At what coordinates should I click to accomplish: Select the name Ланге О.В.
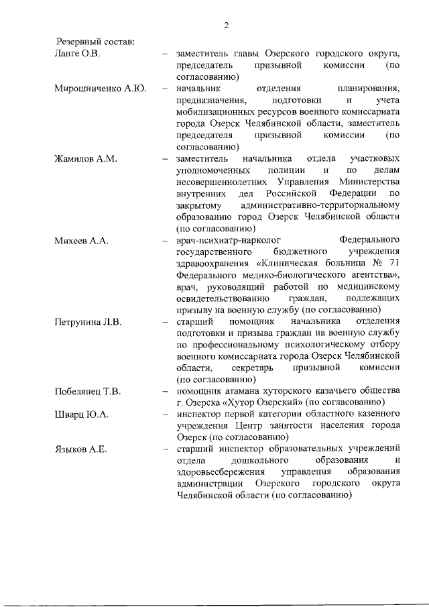pos(77,53)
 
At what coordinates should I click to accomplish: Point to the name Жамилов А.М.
pos(86,158)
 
